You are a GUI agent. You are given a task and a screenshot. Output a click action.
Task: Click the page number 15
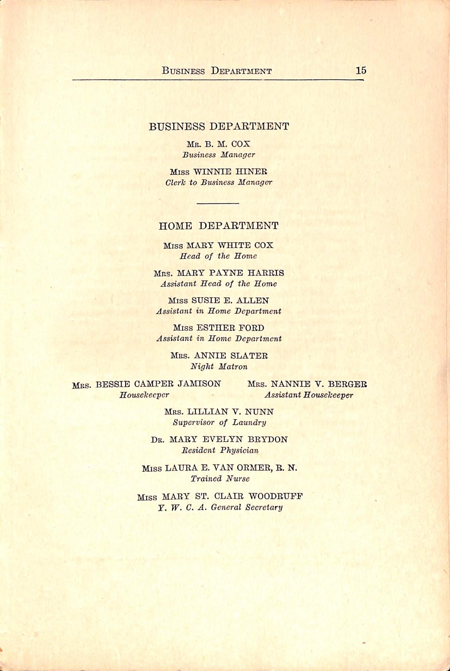pyautogui.click(x=361, y=70)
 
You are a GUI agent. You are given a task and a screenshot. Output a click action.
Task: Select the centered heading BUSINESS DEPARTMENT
pyautogui.click(x=219, y=126)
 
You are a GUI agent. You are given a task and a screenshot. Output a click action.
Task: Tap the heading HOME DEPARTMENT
pyautogui.click(x=218, y=226)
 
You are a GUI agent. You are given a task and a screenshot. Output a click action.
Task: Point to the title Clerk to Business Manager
pyautogui.click(x=218, y=183)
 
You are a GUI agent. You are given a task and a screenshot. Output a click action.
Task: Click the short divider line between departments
pyautogui.click(x=218, y=203)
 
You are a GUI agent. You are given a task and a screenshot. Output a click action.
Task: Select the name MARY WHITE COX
pyautogui.click(x=229, y=245)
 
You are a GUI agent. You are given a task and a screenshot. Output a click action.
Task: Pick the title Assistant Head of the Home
pyautogui.click(x=218, y=284)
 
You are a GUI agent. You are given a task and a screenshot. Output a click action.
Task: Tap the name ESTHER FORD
pyautogui.click(x=230, y=328)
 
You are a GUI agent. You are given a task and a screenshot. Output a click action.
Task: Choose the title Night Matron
pyautogui.click(x=219, y=367)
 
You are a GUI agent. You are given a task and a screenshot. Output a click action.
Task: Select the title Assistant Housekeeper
pyautogui.click(x=309, y=395)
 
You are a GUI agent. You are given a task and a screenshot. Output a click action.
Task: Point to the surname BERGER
pyautogui.click(x=347, y=384)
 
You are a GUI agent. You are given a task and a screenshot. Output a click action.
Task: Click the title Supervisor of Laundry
pyautogui.click(x=219, y=422)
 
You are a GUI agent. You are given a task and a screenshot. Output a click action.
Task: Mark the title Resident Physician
pyautogui.click(x=220, y=450)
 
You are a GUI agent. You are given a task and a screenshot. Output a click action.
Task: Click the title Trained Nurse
pyautogui.click(x=220, y=479)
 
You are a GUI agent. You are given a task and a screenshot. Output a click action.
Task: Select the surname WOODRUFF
pyautogui.click(x=276, y=496)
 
